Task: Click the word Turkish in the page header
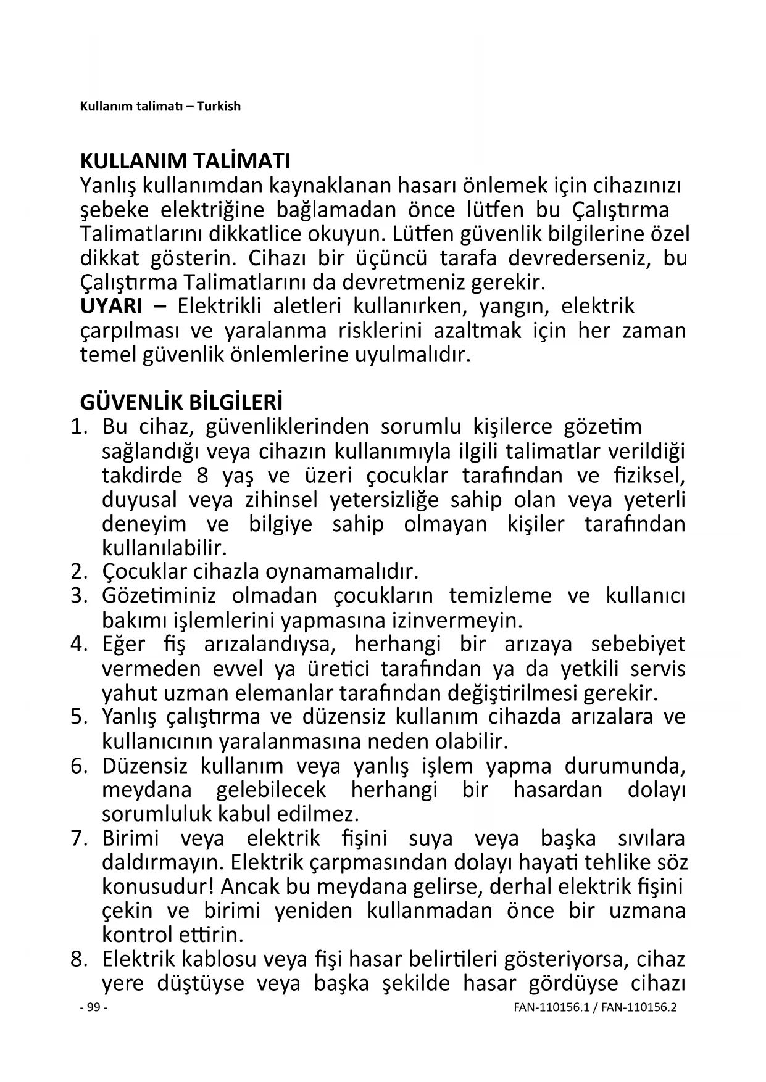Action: [x=219, y=106]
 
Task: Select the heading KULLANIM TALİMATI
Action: [x=185, y=161]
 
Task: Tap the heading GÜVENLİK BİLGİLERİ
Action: [x=181, y=403]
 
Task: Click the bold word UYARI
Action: [x=111, y=306]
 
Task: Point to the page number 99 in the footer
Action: [x=94, y=1007]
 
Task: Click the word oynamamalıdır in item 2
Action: [x=342, y=572]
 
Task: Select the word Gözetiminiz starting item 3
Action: [x=159, y=596]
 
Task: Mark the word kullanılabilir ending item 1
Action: [x=164, y=548]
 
